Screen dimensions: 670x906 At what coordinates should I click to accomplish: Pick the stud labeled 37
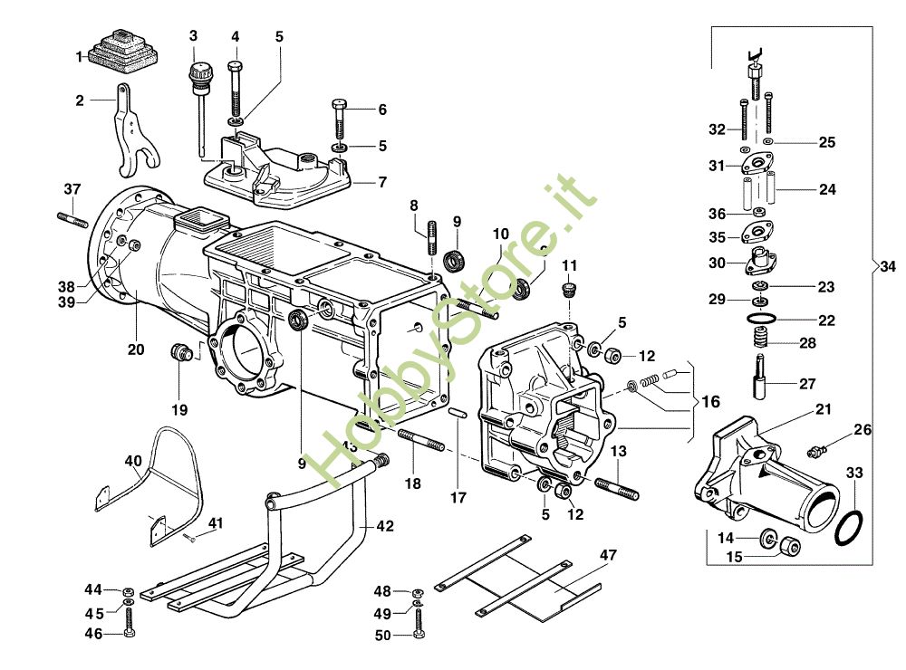coord(73,218)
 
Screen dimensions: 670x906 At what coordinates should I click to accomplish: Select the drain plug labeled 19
coord(181,350)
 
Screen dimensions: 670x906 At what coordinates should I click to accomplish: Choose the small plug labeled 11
coord(570,291)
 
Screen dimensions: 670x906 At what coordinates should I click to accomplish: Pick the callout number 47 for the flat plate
coord(607,555)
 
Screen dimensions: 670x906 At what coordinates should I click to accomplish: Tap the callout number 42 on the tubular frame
coord(385,525)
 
